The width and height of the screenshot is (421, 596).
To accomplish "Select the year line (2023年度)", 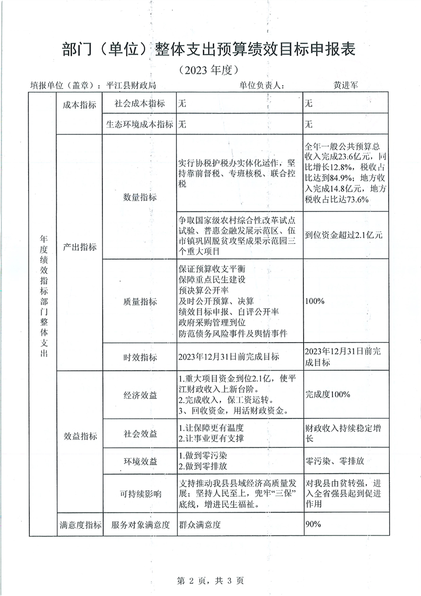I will coord(210,70).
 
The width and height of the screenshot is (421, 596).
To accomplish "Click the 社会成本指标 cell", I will coord(140,105).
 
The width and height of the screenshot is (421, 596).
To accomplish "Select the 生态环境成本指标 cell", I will coord(140,125).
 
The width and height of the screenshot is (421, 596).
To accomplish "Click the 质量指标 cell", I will coord(140,301).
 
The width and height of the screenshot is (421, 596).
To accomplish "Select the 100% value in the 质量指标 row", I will coord(315,301).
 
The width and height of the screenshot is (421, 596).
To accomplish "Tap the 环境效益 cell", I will coord(140,462).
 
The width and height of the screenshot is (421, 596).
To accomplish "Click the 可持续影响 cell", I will coord(140,494).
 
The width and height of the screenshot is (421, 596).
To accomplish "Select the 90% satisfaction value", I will coord(313,524).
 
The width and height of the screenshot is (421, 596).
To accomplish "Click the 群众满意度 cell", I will coord(200,525).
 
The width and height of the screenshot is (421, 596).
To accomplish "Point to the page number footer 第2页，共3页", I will coord(210,581).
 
